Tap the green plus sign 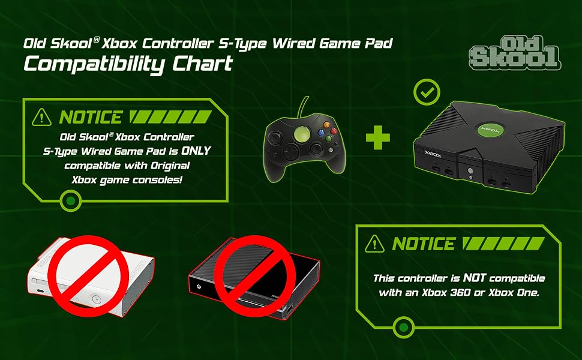click(378, 137)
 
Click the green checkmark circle click(427, 93)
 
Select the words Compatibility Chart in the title click(128, 64)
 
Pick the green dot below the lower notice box click(404, 328)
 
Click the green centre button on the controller click(304, 132)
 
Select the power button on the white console click(95, 298)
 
